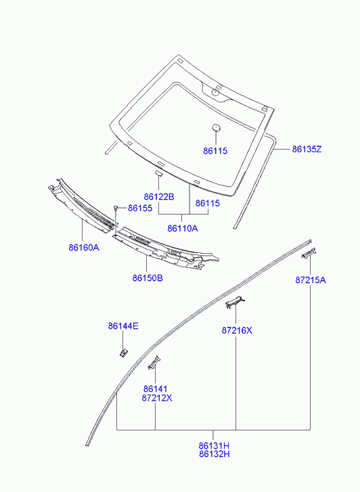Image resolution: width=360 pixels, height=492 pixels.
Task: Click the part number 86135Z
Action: coord(307,149)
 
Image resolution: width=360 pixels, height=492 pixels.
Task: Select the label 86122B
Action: coord(159,197)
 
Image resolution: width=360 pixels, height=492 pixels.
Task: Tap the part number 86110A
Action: coord(182,228)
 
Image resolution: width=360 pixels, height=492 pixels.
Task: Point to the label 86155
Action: coord(140,208)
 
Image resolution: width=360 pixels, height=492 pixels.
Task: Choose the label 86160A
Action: coord(84,248)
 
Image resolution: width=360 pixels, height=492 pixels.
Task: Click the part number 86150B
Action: coord(148,278)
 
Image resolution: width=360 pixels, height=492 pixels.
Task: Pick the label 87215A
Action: coord(311,280)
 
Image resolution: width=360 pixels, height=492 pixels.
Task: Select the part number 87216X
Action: coord(237,330)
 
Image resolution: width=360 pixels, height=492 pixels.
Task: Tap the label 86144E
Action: coord(123,326)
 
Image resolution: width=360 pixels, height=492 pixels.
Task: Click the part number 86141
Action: coord(156,389)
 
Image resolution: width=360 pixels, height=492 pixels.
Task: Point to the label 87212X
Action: coord(157,398)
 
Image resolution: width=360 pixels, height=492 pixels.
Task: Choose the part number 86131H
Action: coord(214,445)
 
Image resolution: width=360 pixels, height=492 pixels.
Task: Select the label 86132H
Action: coord(214,454)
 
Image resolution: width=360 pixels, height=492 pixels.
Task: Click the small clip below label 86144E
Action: coord(123,353)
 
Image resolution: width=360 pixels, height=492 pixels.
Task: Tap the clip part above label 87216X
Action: coord(235,302)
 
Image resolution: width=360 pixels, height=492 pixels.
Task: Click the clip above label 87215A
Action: coord(309,253)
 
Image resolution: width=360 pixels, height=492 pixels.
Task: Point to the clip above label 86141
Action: coord(154,363)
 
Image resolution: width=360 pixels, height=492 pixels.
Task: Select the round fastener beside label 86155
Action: coord(116,207)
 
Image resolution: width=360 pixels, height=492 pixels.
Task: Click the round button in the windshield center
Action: coord(217,127)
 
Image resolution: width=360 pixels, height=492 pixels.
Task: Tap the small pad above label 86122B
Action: coord(158,173)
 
